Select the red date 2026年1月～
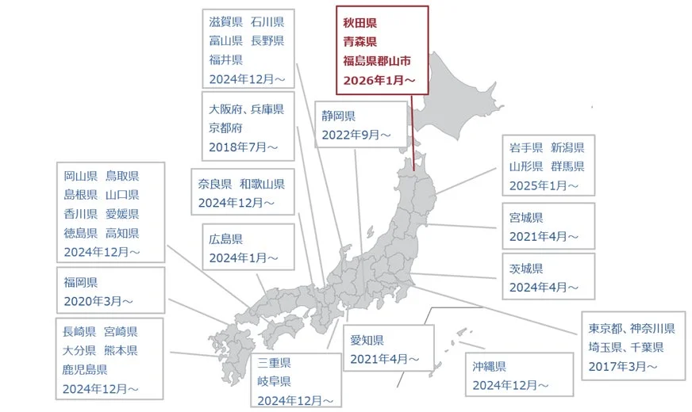coord(379,80)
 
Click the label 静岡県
coord(339,116)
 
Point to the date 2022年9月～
coord(356,135)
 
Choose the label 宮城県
coord(526,217)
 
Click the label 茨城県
coord(526,268)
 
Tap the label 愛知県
coord(367,340)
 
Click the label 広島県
coord(226,238)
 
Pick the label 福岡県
coord(81,282)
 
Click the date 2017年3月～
coord(623,366)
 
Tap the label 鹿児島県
coord(86,369)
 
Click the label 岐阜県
coord(274,382)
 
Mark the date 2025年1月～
coord(545,186)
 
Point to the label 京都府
coord(226,128)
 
